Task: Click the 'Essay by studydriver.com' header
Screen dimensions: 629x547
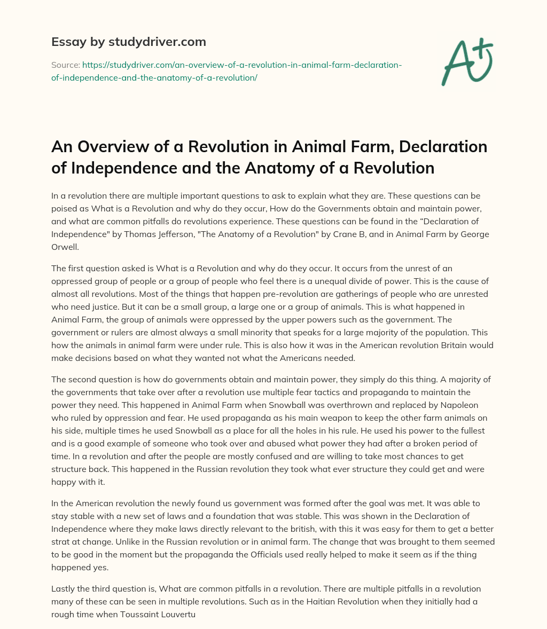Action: click(x=128, y=42)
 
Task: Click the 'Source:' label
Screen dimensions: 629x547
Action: click(x=65, y=65)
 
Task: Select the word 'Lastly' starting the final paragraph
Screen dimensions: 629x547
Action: click(x=64, y=588)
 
